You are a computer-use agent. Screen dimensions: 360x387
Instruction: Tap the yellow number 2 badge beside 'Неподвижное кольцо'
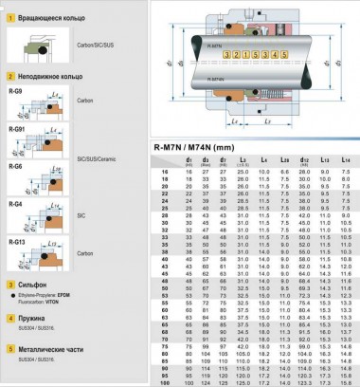(x=8, y=74)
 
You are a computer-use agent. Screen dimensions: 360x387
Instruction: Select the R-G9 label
(x=14, y=91)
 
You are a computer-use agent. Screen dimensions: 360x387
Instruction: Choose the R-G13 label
(x=16, y=241)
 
